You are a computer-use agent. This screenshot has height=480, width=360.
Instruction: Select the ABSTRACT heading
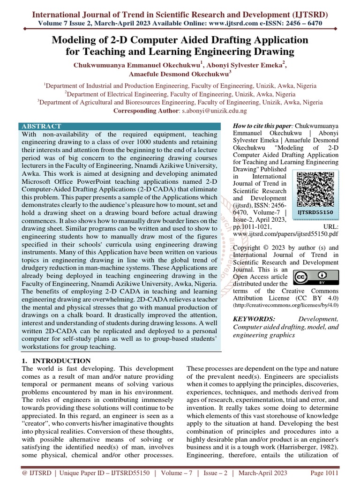point(41,126)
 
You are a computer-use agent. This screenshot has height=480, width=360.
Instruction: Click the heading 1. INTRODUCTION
point(56,360)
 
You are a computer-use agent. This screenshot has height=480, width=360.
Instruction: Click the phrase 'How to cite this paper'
point(262,127)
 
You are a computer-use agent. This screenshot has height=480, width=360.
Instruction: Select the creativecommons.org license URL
point(285,305)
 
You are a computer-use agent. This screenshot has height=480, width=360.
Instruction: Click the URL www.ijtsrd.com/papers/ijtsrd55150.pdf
point(286,234)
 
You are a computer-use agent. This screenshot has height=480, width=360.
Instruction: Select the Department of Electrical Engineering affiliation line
point(180,94)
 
